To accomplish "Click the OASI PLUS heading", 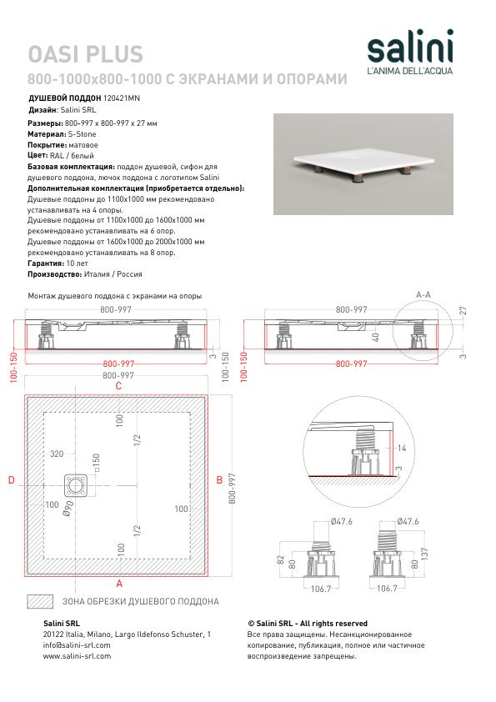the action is pyautogui.click(x=86, y=54).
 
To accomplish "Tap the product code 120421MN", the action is pyautogui.click(x=122, y=98).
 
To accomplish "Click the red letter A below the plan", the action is pyautogui.click(x=119, y=584).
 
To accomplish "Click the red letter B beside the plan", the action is pyautogui.click(x=219, y=480).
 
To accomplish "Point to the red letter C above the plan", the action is pyautogui.click(x=118, y=386).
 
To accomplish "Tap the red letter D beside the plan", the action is pyautogui.click(x=12, y=480).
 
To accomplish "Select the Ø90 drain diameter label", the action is pyautogui.click(x=68, y=509).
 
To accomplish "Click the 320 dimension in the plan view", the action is pyautogui.click(x=57, y=454).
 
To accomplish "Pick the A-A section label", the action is pyautogui.click(x=423, y=294).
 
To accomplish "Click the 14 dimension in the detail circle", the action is pyautogui.click(x=402, y=448).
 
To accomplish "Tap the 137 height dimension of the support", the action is pyautogui.click(x=425, y=554).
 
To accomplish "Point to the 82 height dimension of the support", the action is pyautogui.click(x=281, y=559).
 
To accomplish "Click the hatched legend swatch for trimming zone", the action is pyautogui.click(x=40, y=601).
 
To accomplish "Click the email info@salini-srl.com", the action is pyautogui.click(x=77, y=645).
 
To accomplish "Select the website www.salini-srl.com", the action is pyautogui.click(x=77, y=656).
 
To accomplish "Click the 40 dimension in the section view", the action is pyautogui.click(x=376, y=337).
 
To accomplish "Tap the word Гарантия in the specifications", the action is pyautogui.click(x=46, y=263).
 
